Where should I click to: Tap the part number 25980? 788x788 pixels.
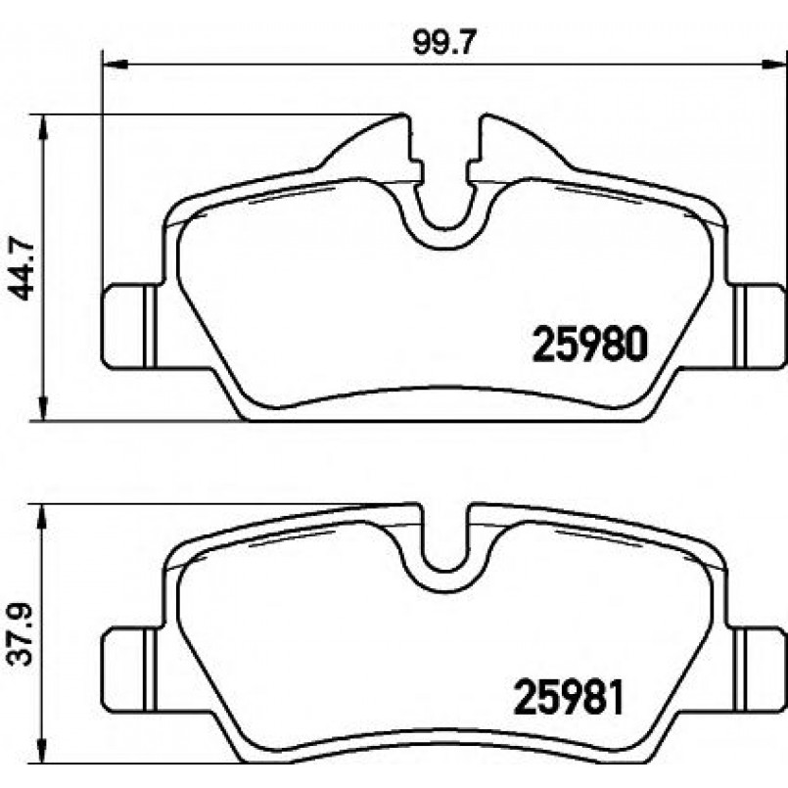[590, 344]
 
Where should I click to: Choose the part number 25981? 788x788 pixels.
[568, 697]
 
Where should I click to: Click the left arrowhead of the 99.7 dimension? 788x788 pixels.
[116, 65]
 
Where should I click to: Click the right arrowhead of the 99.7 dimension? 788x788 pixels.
[774, 65]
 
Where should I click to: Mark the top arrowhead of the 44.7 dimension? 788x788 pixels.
[44, 127]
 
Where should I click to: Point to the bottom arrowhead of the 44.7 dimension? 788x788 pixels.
[44, 407]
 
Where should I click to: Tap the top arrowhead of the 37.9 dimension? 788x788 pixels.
[42, 517]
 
